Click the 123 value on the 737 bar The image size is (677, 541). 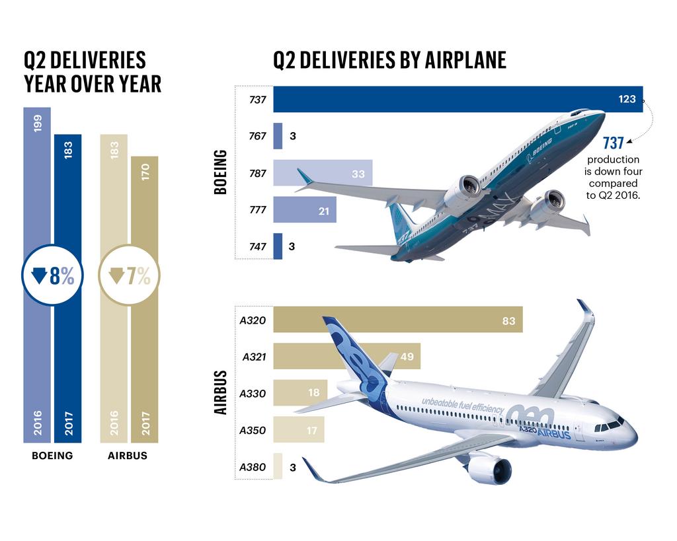(627, 100)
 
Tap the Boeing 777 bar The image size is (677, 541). (304, 210)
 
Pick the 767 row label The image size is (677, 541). (257, 137)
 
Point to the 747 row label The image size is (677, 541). (257, 246)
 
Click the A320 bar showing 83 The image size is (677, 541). (397, 320)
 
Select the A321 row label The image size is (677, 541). (254, 357)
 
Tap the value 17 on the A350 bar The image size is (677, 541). (312, 431)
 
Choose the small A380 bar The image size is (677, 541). (278, 466)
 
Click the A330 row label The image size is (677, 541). (253, 394)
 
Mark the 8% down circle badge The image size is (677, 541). (52, 277)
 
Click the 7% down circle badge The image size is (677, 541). (130, 277)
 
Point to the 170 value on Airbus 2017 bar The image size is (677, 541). (145, 172)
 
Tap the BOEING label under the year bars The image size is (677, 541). (52, 456)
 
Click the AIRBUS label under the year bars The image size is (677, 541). (128, 456)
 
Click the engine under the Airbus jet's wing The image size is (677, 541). (491, 470)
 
